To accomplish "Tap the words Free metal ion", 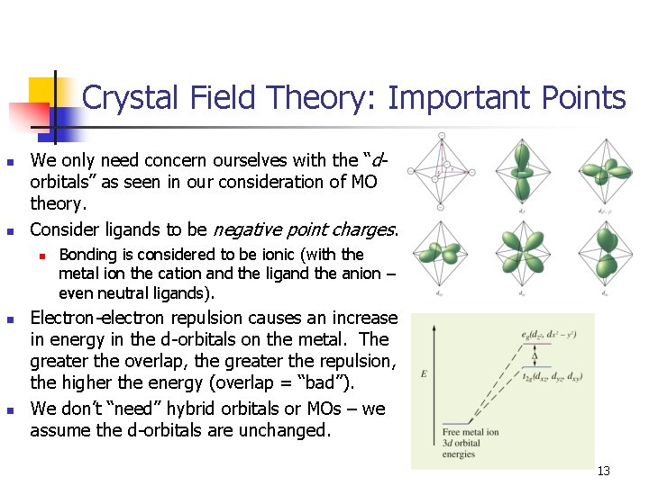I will (x=467, y=432).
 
